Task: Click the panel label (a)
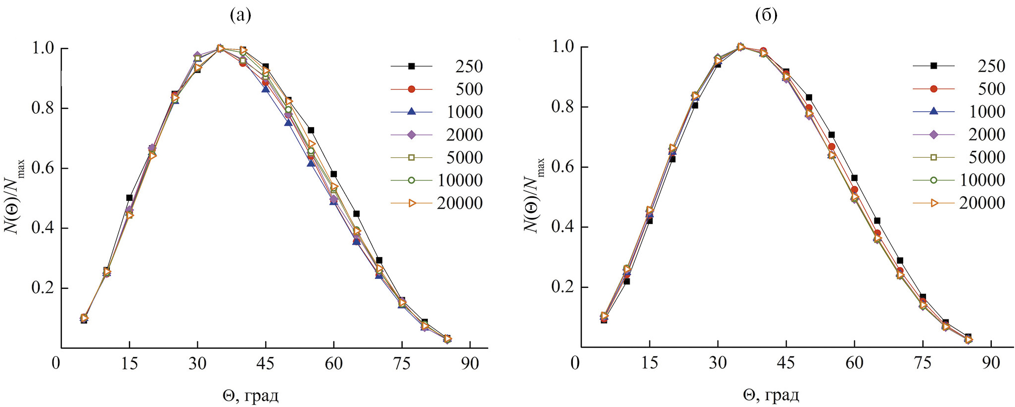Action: [x=240, y=16]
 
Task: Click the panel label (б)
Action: [x=766, y=16]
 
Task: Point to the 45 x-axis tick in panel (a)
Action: [x=266, y=363]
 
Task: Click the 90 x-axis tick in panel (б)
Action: [x=991, y=363]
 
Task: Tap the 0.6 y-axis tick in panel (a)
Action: [x=43, y=168]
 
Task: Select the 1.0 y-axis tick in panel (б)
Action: [x=563, y=47]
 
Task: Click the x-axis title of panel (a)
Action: [x=250, y=396]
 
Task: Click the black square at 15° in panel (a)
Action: [x=130, y=198]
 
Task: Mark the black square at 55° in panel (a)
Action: [x=311, y=131]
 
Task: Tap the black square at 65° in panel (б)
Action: [x=877, y=221]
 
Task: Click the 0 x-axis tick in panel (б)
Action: [x=575, y=363]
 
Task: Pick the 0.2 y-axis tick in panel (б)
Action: [x=563, y=287]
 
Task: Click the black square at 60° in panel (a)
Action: [x=334, y=174]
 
